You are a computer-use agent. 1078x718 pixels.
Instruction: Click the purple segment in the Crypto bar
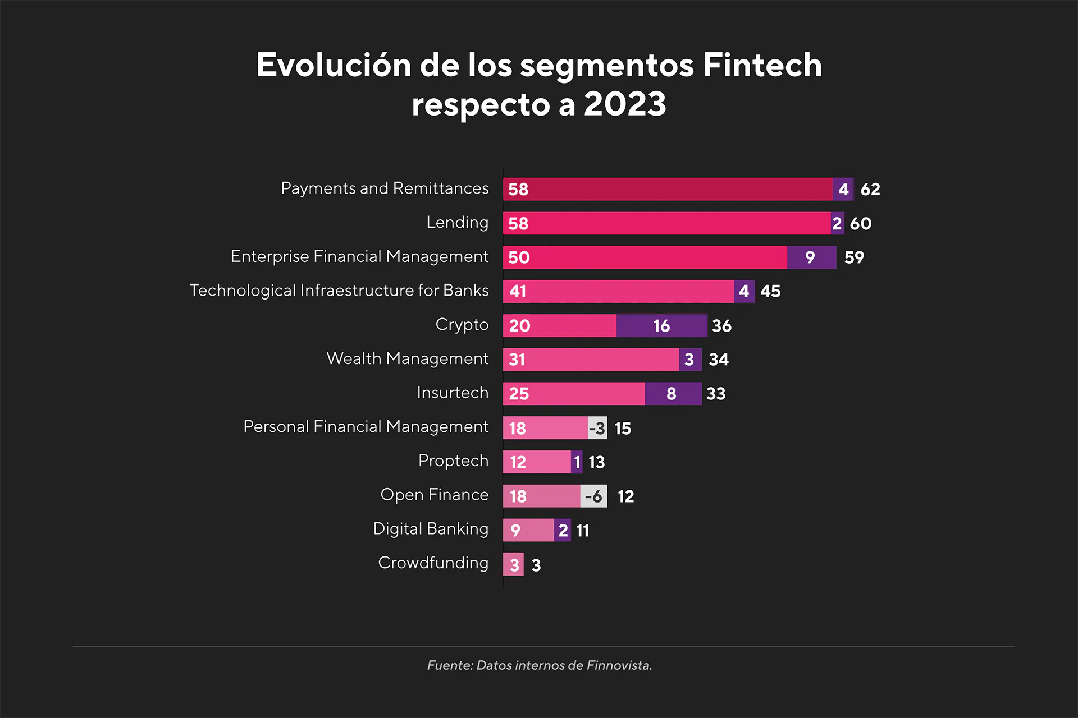click(661, 325)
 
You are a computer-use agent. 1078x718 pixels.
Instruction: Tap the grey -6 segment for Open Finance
click(593, 496)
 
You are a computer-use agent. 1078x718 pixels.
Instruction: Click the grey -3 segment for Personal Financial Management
click(597, 428)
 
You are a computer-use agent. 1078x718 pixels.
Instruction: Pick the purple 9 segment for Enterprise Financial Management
click(811, 257)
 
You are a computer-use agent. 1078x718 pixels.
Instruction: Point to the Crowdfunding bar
click(513, 564)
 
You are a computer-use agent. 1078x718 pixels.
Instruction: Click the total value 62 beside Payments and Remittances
click(870, 189)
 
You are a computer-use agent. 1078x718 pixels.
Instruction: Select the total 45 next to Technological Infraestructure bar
click(770, 291)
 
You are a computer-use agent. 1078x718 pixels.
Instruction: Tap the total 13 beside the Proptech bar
click(596, 462)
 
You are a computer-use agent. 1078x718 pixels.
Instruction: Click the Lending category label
click(457, 223)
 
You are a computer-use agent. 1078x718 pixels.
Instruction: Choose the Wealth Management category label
click(407, 358)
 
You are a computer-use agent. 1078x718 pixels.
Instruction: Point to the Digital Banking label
click(431, 529)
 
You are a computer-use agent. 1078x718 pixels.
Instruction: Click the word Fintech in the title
click(762, 65)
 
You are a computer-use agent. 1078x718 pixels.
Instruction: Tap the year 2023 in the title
click(624, 104)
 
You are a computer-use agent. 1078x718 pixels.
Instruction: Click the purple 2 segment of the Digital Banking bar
click(563, 530)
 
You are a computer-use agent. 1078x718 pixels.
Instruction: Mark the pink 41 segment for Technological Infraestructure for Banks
click(618, 291)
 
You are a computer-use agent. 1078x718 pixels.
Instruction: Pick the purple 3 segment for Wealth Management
click(690, 359)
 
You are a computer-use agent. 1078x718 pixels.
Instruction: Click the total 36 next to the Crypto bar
click(721, 326)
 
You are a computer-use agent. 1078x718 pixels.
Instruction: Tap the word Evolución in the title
click(334, 65)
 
